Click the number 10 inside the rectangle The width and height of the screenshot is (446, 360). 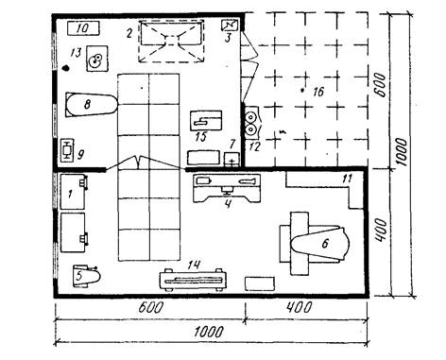click(x=83, y=28)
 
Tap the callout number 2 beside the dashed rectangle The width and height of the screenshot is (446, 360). click(x=129, y=33)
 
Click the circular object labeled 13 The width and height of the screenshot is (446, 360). click(x=95, y=60)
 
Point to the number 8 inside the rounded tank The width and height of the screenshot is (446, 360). click(x=87, y=104)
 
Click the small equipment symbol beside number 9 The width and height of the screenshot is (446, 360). click(x=67, y=150)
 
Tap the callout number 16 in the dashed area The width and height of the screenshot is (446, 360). click(x=318, y=92)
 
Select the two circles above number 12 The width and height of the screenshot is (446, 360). click(x=250, y=123)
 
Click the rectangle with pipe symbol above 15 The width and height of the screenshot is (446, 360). click(x=206, y=120)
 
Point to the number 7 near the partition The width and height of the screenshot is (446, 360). click(x=232, y=145)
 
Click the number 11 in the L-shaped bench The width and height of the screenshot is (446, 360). click(x=347, y=179)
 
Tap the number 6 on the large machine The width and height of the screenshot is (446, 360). click(x=325, y=243)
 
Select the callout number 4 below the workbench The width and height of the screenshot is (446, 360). click(x=228, y=204)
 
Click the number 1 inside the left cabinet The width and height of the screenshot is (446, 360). click(x=70, y=194)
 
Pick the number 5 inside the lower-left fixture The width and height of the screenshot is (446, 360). click(x=79, y=276)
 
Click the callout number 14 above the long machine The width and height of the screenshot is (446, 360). click(x=194, y=265)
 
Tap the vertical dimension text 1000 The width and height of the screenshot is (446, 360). click(x=401, y=153)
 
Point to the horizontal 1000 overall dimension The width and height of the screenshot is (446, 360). click(x=208, y=332)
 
